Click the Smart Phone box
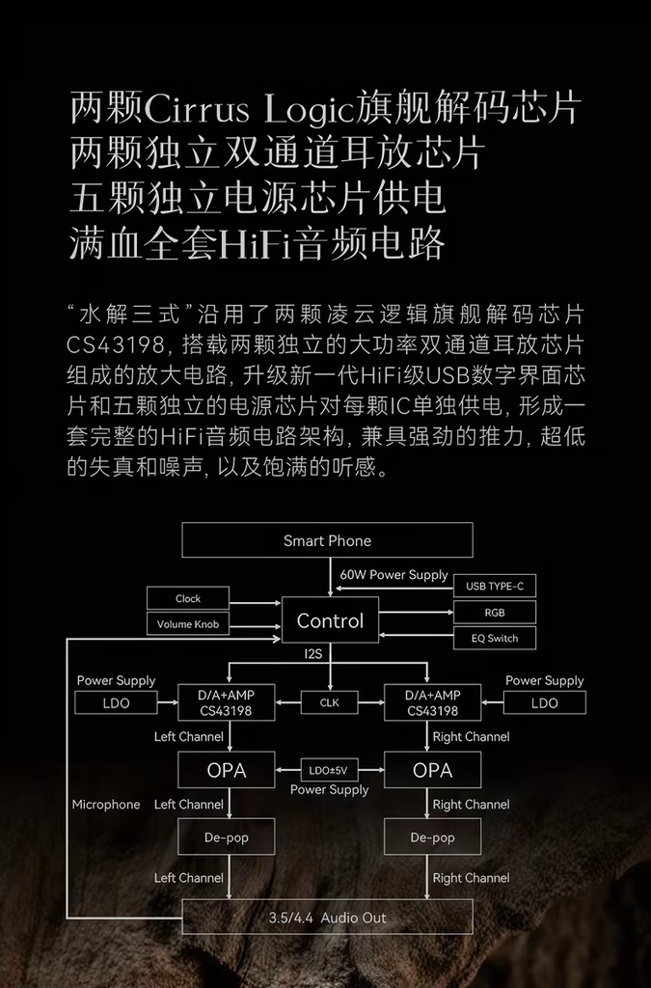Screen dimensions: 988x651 coord(327,540)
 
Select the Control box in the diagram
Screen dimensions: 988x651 coord(330,620)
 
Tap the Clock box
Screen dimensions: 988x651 coord(188,598)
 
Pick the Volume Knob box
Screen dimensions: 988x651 coord(188,624)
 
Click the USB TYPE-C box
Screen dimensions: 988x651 coord(494,586)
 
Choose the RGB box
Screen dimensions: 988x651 coord(494,612)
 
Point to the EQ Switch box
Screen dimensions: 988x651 coord(494,638)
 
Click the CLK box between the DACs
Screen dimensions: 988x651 coord(330,702)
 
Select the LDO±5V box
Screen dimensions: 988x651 coord(330,770)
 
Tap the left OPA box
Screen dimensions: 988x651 coord(227,770)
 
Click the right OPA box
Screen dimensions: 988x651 coord(432,770)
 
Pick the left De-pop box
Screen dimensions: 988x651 coord(227,837)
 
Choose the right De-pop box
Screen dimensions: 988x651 coord(432,837)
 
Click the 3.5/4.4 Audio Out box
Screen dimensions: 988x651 coord(327,918)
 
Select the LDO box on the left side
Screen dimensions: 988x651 coord(116,702)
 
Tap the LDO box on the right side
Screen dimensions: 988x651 coord(544,702)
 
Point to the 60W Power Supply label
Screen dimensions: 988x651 coord(393,574)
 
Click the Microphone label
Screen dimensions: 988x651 coord(106,804)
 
